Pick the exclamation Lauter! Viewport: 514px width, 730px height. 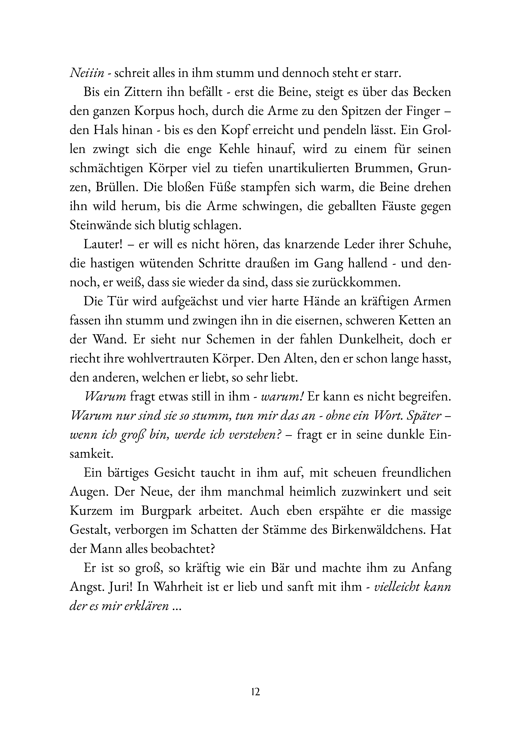(101, 245)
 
